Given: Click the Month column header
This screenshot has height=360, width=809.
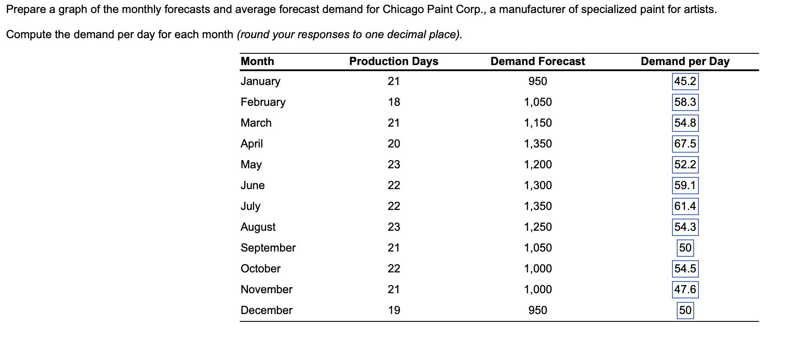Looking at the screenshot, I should pos(257,61).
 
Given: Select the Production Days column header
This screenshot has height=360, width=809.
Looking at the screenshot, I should pos(394,61).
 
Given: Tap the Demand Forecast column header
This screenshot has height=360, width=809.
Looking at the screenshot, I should pos(538,61).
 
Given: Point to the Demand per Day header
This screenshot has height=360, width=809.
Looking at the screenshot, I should pos(685,61).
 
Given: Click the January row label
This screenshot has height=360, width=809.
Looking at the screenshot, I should pos(260,81).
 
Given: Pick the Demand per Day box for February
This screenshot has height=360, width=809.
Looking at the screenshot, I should pos(685,102).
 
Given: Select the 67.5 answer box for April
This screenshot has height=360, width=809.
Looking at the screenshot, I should pos(685,144).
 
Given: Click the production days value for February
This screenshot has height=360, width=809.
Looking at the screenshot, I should pos(394,102).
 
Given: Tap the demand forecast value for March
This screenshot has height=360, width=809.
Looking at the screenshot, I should pos(538,123).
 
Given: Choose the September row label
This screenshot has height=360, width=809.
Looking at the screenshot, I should pos(268,248).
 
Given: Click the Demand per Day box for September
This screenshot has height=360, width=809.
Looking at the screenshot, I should pos(685,248).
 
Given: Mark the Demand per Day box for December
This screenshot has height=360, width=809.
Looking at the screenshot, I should pos(685,311).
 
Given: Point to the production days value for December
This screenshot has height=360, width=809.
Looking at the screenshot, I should pos(394,310).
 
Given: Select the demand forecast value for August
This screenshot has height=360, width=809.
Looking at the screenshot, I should pos(538,227).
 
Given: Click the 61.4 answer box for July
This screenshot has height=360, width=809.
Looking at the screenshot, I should pos(685,206).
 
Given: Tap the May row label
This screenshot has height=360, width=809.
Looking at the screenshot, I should pos(251,164).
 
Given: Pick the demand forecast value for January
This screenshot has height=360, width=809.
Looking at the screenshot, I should pos(538,81).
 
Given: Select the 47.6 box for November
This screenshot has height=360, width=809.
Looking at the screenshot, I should pos(685,289).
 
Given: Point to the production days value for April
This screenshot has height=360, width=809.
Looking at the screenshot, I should pos(394,144).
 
